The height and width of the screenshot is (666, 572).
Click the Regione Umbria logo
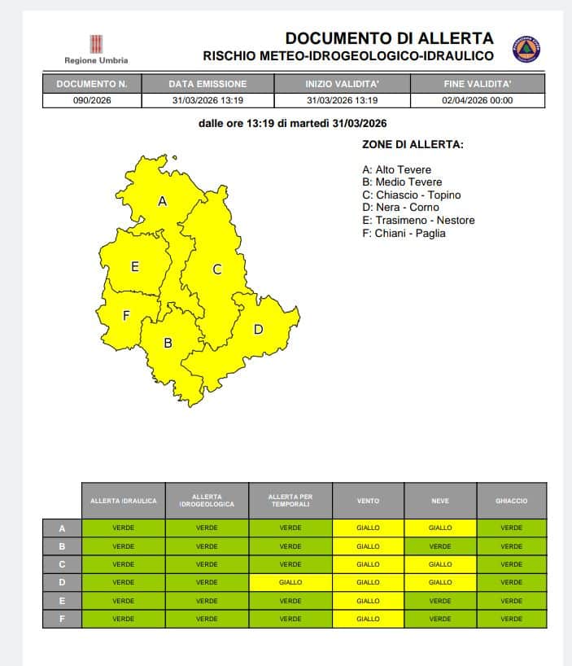pos(96,47)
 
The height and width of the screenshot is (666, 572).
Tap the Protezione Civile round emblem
pos(526,49)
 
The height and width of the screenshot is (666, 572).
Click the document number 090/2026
pos(91,100)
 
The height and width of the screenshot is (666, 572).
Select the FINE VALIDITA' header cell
pos(478,84)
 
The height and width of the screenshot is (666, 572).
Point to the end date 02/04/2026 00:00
pos(478,100)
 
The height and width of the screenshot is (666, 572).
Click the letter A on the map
pos(162,200)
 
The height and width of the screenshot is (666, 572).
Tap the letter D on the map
pos(258,329)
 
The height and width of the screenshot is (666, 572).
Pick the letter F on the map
pos(126,316)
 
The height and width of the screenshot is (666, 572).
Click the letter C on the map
pos(217,269)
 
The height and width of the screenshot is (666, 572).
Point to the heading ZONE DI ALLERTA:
pos(413,144)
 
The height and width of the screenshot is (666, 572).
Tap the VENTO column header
pos(368,501)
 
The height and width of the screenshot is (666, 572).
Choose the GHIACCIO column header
pos(511,501)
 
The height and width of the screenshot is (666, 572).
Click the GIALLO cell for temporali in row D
pos(290,582)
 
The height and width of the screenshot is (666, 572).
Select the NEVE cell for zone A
pos(439,528)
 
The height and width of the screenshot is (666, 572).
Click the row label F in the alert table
pos(62,619)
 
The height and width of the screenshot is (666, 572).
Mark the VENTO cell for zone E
pos(368,601)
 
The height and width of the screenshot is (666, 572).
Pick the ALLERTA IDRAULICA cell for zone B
pos(123,546)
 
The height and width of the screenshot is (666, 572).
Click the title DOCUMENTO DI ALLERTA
pos(389,38)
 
